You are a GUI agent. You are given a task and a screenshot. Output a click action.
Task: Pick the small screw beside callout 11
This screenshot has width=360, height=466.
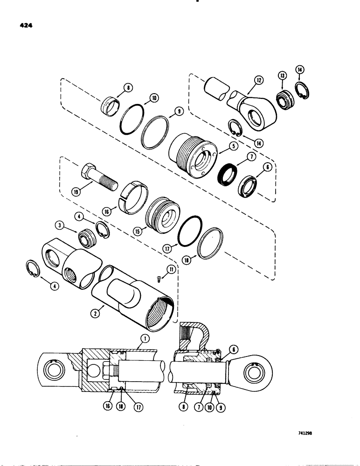158,278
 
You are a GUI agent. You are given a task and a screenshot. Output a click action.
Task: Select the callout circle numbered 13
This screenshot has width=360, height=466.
283,77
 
